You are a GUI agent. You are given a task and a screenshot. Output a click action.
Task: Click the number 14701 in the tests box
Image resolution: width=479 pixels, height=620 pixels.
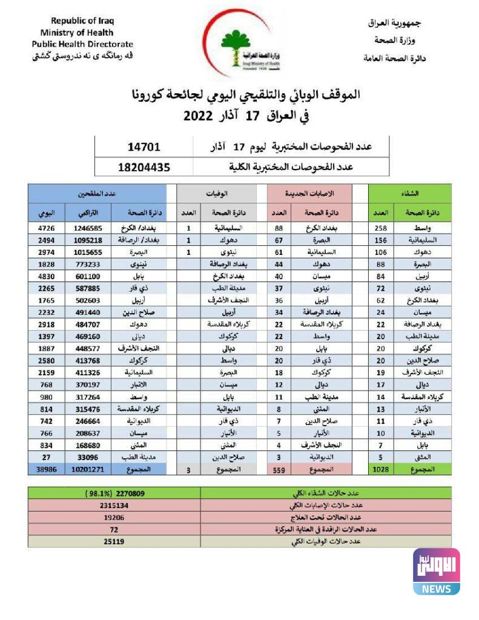[144, 147]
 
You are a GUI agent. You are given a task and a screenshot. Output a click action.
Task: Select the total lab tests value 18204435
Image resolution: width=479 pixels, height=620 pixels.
[144, 167]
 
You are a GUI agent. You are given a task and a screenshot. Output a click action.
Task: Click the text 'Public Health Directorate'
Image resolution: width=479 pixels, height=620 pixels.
[82, 44]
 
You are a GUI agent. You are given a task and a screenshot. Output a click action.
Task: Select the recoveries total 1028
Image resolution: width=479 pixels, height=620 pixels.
[379, 469]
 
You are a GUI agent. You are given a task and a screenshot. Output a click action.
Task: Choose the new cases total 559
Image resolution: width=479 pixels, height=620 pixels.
[279, 469]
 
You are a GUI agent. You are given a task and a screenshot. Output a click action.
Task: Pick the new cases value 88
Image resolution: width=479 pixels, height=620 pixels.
[279, 228]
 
